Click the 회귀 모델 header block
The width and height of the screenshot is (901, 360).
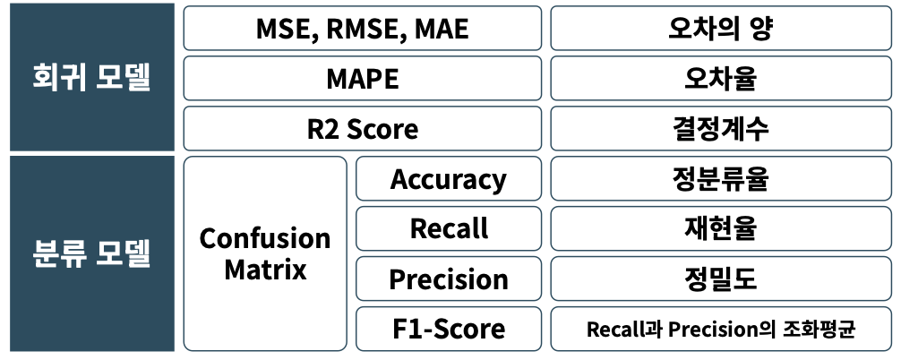pos(92,77)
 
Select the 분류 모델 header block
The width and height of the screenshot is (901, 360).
pos(92,253)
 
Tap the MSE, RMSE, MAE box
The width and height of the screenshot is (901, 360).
pos(362,28)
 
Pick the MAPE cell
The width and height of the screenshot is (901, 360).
pos(362,78)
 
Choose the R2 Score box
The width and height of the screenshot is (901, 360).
pos(362,128)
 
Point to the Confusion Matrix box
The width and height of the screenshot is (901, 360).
pos(265,253)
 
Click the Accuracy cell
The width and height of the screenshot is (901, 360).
pos(448,178)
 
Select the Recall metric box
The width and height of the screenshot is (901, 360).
pos(448,228)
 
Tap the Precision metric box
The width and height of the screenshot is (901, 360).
pos(448,279)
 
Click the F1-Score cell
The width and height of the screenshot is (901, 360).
pos(448,329)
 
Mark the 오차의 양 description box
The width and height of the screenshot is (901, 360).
pos(721,28)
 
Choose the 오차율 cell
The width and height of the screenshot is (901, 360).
pos(721,78)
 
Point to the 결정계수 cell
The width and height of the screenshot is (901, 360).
pos(721,128)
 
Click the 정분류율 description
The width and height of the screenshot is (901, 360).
pos(721,178)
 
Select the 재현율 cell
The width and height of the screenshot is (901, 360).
pos(721,228)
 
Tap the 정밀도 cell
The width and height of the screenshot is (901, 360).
pos(721,279)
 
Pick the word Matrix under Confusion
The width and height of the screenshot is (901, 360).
pos(265,270)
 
